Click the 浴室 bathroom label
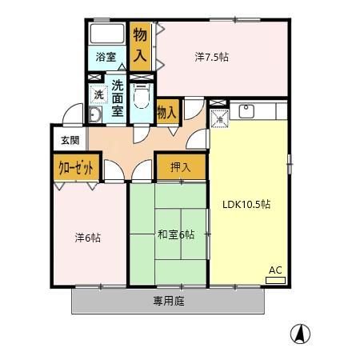pyautogui.click(x=106, y=58)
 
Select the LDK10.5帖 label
pyautogui.click(x=246, y=204)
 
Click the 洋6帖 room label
pyautogui.click(x=87, y=237)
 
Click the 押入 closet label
pyautogui.click(x=180, y=167)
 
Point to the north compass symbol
pyautogui.click(x=300, y=334)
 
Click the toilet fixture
pyautogui.click(x=142, y=98)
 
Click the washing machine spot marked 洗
pyautogui.click(x=98, y=94)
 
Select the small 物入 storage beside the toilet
pyautogui.click(x=167, y=112)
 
